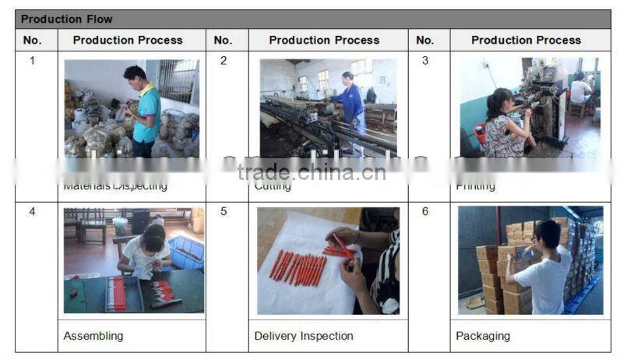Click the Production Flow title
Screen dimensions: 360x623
67,19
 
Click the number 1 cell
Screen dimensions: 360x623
32,61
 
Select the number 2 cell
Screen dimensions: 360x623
224,61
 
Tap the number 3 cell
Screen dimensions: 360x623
425,61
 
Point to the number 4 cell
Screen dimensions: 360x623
32,211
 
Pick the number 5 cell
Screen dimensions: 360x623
224,211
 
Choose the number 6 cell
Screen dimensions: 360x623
425,211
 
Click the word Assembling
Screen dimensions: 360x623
93,336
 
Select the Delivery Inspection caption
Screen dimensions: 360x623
304,336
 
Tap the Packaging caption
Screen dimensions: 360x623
483,336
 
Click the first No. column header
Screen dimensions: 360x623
32,40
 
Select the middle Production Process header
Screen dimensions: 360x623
324,40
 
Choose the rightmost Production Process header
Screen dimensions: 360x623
526,40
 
